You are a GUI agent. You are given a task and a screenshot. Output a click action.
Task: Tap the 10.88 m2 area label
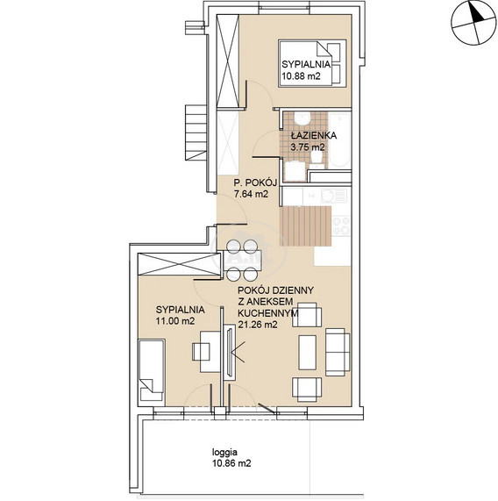[301, 76]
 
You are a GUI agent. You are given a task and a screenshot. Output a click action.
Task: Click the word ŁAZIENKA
[314, 135]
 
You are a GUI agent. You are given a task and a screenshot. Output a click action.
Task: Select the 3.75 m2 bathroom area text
[308, 147]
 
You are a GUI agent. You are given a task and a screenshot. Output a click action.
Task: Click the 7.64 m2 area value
[251, 194]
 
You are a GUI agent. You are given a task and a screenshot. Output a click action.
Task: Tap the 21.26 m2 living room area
[258, 325]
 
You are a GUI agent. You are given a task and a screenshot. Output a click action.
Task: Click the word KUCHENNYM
[268, 313]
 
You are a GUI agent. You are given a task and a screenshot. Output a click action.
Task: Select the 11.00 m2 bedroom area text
[175, 321]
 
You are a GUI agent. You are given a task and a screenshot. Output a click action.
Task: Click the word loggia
[224, 453]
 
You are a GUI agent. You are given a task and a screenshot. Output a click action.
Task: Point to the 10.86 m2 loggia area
[231, 463]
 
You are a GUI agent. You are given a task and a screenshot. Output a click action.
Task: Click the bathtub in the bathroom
[340, 140]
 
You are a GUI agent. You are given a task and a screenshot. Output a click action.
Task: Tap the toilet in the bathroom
[317, 159]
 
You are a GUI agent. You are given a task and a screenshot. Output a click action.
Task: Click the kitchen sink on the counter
[334, 196]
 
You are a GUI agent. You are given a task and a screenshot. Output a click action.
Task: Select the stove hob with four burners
[341, 225]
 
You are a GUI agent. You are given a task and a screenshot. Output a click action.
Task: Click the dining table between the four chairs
[242, 261]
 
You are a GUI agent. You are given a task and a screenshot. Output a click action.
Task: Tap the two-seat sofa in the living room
[338, 352]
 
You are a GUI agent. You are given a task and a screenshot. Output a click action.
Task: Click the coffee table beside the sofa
[307, 353]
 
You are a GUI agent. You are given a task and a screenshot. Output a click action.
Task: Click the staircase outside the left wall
[196, 132]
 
